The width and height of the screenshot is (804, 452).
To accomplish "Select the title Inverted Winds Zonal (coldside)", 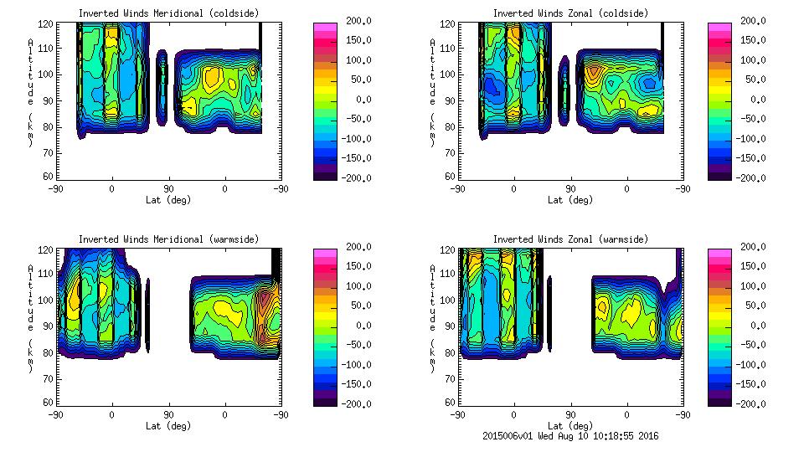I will pyautogui.click(x=570, y=13).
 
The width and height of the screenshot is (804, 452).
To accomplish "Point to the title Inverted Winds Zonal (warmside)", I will pyautogui.click(x=570, y=239).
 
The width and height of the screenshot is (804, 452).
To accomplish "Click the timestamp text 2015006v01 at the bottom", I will pyautogui.click(x=512, y=435).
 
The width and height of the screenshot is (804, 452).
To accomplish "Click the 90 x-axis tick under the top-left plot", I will pyautogui.click(x=168, y=188).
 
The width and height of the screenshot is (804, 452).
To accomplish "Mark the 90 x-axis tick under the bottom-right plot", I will pyautogui.click(x=570, y=414).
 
